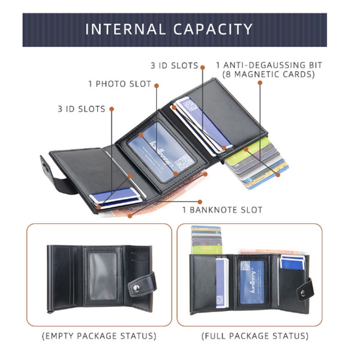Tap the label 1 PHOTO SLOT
120,84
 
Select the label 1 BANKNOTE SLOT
222,210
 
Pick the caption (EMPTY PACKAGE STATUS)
99,336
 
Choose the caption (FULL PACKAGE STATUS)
255,336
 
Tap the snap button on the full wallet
303,292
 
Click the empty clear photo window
103,276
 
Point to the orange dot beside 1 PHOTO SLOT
157,84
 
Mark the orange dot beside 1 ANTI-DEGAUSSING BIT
260,82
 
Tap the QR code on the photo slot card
184,161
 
